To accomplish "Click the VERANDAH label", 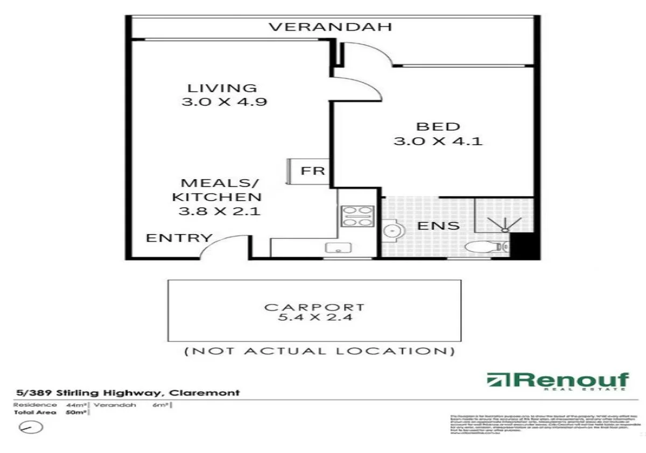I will coord(330,27).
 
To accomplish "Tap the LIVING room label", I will coord(222,88).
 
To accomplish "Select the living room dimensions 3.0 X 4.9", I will coord(224,102).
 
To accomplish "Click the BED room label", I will coord(438,127).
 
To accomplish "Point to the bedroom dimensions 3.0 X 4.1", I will coord(438,141).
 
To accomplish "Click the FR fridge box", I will coord(312,171).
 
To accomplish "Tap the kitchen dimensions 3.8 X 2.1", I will coord(220,211).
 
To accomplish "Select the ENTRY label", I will coord(179,238).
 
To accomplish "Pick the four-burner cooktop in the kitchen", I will coord(356,215).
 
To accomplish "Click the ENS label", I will coord(439,226).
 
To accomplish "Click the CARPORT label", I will coord(314,307).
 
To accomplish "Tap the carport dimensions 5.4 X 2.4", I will coord(314,318).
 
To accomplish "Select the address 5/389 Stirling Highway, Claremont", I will coord(127,393).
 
